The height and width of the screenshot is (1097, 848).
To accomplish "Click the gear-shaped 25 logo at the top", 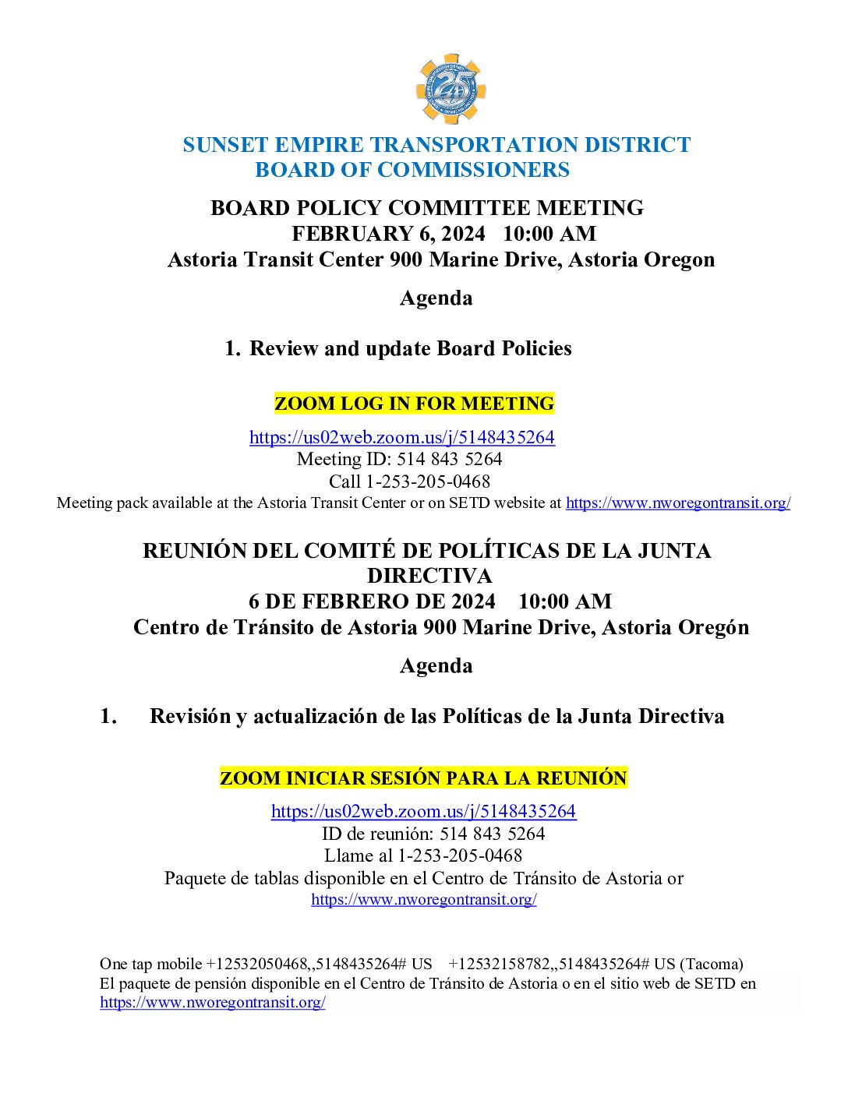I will point(450,89).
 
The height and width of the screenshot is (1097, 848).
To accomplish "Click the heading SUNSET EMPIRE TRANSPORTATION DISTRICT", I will point(436,145).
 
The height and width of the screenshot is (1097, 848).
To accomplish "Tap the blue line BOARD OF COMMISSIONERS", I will point(412,170).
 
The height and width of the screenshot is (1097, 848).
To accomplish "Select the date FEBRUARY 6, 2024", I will point(388,234).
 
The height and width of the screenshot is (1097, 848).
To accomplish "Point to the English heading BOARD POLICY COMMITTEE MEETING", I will point(427,208).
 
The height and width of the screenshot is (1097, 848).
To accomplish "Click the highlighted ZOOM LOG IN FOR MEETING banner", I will point(414,404).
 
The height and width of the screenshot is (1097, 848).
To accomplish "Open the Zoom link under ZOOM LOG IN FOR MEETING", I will point(401,437).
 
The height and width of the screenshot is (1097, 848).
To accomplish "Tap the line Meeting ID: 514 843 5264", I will point(399,459).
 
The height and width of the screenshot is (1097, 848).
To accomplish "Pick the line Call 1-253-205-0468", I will point(409,481).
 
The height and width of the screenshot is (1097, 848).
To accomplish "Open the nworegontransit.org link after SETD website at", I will point(678,503).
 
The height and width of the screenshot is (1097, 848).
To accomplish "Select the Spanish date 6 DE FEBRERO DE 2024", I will point(372,601).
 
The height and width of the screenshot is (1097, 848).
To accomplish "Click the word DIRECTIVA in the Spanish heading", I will point(429,576).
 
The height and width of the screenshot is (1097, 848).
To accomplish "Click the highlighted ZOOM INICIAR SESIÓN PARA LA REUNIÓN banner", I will point(423,778).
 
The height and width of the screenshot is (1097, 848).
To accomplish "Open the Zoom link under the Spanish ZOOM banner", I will point(423,811).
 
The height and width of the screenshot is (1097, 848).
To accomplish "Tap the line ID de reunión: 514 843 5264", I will point(433,834).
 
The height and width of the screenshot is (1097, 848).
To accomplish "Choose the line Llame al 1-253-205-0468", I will point(423,855).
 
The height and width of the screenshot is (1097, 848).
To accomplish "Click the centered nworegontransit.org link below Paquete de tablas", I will point(423,899).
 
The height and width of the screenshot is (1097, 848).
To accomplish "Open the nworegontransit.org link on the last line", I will point(212,1003).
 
